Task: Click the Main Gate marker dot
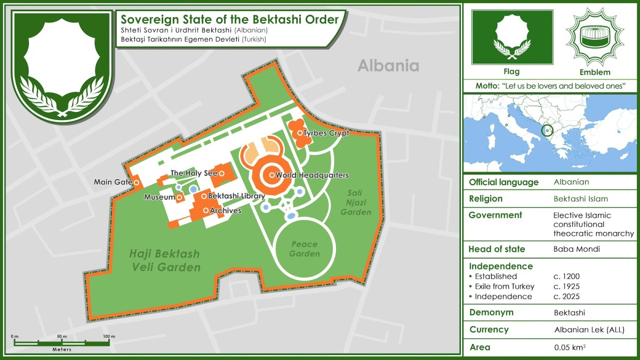(137, 182)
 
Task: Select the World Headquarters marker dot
(272, 175)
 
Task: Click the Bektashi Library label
(236, 196)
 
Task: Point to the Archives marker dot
(205, 211)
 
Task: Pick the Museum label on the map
(159, 197)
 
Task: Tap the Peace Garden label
(304, 249)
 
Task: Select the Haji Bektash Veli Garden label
(165, 260)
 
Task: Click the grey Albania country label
(388, 66)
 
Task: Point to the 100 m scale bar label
(109, 337)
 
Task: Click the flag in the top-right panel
(512, 37)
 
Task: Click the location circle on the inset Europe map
(547, 130)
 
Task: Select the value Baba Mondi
(573, 249)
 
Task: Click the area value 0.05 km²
(570, 348)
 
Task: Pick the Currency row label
(489, 330)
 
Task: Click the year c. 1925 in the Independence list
(566, 286)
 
